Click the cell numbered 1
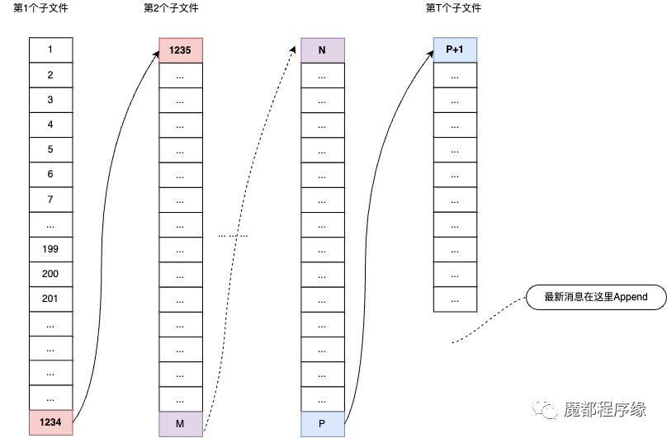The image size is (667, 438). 50,49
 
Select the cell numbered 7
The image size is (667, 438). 50,200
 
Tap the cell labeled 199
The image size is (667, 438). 50,249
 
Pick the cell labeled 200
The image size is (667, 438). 50,275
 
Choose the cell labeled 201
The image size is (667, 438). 50,299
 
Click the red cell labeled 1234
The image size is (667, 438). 50,422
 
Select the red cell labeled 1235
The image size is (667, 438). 181,50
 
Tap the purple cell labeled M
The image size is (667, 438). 181,424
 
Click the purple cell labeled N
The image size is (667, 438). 323,50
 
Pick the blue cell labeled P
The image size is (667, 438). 323,424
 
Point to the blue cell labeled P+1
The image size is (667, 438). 455,49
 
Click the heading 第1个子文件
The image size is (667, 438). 40,8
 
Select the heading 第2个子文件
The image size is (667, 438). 171,8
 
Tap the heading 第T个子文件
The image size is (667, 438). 453,8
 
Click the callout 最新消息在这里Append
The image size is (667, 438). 596,297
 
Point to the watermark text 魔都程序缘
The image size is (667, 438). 605,409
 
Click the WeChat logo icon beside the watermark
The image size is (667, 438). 545,408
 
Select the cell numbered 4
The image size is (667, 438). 50,125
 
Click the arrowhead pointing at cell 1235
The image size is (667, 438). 156,54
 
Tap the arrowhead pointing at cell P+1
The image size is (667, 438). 430,54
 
